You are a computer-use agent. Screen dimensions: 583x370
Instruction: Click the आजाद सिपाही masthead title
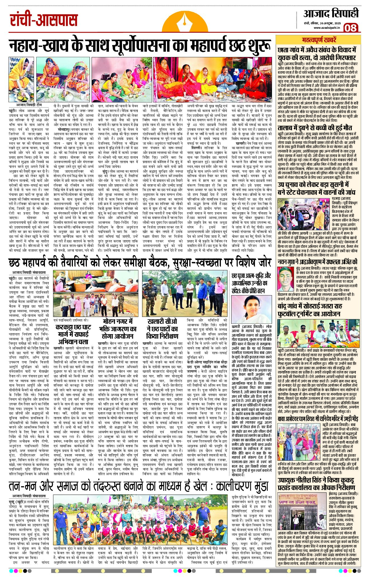tap(331, 13)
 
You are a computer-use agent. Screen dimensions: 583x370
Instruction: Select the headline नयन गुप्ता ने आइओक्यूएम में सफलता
tap(318, 262)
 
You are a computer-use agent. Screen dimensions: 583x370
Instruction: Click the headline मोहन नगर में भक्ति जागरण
tap(118, 329)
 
